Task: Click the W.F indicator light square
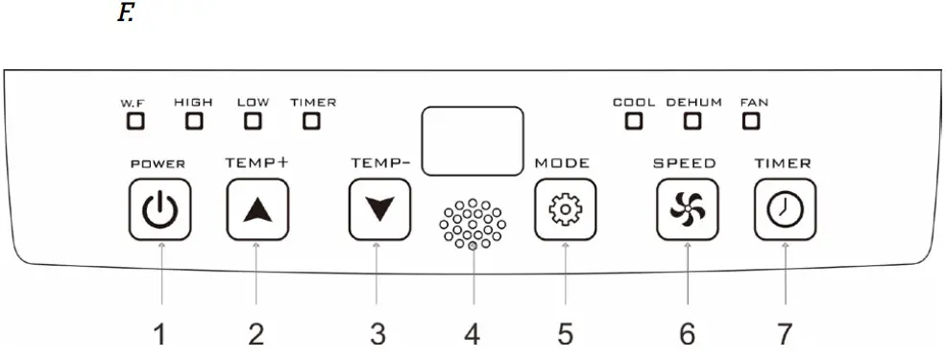pyautogui.click(x=134, y=122)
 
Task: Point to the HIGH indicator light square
pyautogui.click(x=195, y=122)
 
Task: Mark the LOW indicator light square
pyautogui.click(x=253, y=122)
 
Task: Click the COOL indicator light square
pyautogui.click(x=633, y=122)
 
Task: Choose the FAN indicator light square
pyautogui.click(x=751, y=122)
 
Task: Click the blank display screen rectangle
pyautogui.click(x=473, y=141)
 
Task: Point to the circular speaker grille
pyautogui.click(x=472, y=224)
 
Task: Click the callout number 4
pyautogui.click(x=472, y=334)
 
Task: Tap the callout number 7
pyautogui.click(x=785, y=334)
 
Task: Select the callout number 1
pyautogui.click(x=160, y=334)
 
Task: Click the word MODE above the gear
pyautogui.click(x=562, y=163)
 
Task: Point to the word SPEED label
pyautogui.click(x=685, y=163)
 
